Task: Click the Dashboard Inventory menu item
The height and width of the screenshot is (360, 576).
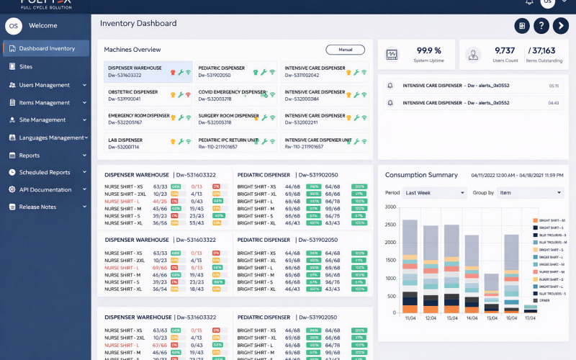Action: click(46, 48)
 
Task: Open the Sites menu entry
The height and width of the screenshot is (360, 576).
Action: click(26, 66)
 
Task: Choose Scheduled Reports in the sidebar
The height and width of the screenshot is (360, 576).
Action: click(44, 172)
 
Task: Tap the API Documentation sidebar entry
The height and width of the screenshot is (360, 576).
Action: click(45, 189)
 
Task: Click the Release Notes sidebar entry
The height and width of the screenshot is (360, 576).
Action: click(37, 207)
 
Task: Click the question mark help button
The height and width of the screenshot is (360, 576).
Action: click(541, 26)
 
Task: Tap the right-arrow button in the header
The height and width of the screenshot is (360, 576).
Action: click(560, 26)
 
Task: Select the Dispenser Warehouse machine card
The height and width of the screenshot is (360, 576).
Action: click(148, 71)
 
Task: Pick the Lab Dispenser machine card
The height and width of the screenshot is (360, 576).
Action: click(148, 143)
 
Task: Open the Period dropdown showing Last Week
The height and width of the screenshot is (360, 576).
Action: click(434, 193)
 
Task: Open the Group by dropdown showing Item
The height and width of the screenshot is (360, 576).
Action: click(530, 193)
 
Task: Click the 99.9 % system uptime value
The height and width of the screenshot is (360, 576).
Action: click(428, 50)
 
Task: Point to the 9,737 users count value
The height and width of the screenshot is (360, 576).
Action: click(505, 50)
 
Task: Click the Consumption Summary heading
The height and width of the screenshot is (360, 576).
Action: click(421, 175)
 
